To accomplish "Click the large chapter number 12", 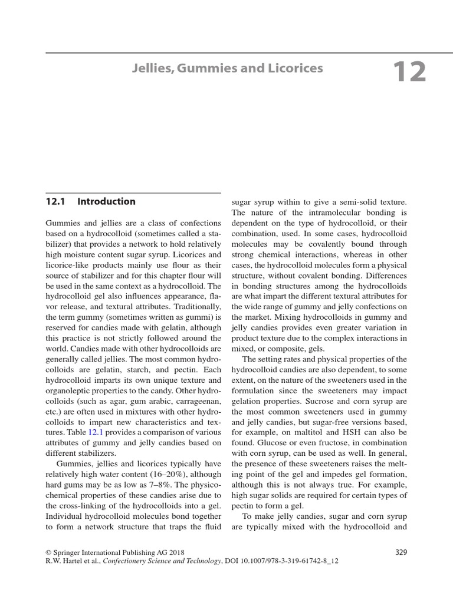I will (409, 72).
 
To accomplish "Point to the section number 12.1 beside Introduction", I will (55, 201).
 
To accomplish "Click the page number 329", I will (400, 552).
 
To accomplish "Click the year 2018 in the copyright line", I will (176, 552).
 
